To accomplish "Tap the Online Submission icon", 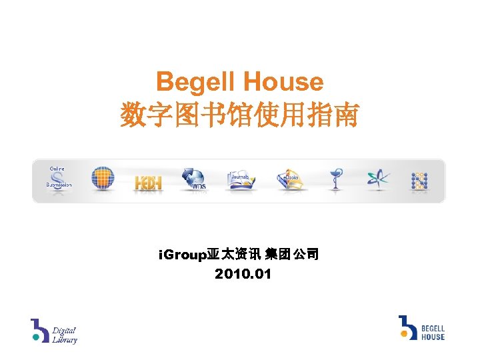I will [x=59, y=177].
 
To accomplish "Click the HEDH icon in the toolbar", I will [x=148, y=182].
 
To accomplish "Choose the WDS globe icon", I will [x=195, y=179].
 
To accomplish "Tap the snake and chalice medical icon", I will [x=335, y=179].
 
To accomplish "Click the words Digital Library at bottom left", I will [x=65, y=335].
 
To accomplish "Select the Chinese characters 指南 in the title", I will [x=336, y=116].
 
